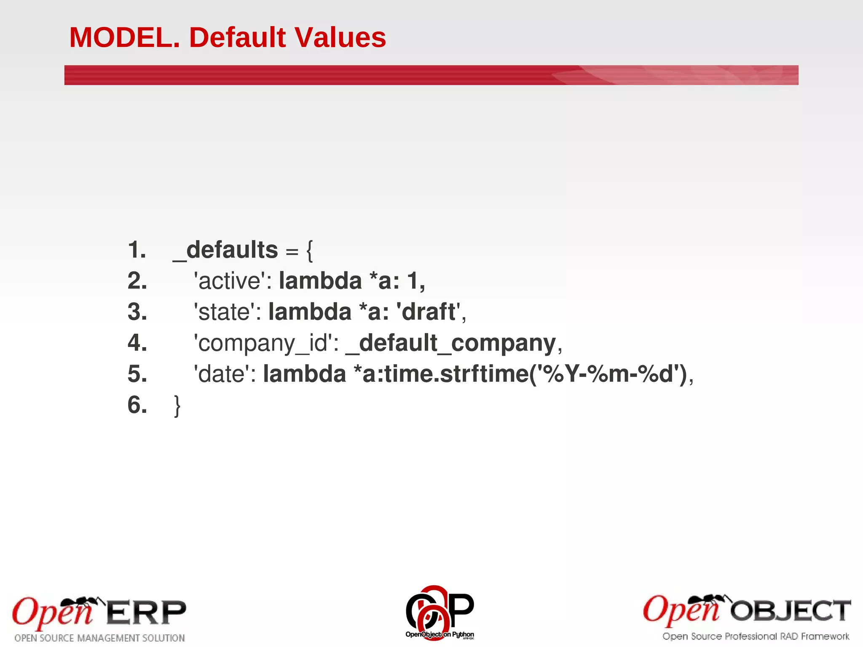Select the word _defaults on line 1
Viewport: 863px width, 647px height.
click(x=225, y=250)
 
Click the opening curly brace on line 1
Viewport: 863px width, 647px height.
click(x=310, y=251)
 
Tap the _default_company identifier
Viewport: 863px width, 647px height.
click(x=451, y=343)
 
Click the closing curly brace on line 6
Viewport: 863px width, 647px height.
click(x=177, y=406)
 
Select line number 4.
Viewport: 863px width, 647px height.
click(x=137, y=343)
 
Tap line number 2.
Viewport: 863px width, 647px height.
click(x=137, y=281)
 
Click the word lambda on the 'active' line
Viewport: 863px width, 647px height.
click(x=320, y=281)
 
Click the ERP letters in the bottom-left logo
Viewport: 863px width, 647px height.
click(x=146, y=613)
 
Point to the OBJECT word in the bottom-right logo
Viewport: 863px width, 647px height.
click(x=791, y=611)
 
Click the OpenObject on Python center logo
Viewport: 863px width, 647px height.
click(x=440, y=613)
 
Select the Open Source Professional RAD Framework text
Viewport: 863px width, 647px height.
click(x=756, y=636)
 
